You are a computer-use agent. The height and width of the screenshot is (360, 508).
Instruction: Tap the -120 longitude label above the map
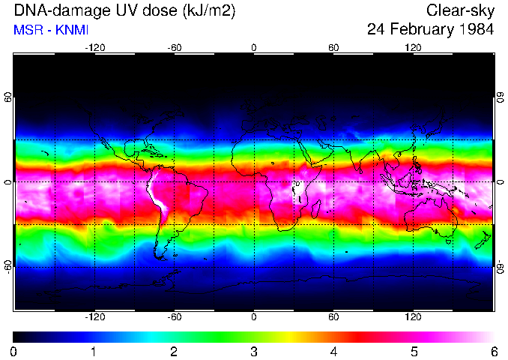point(94,47)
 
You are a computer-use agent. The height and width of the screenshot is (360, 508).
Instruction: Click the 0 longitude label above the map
point(253,47)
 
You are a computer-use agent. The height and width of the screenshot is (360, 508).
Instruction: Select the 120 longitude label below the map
point(413,318)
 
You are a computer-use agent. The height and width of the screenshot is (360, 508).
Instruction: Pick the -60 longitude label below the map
point(174,318)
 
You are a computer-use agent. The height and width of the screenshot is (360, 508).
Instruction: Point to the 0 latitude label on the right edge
point(500,182)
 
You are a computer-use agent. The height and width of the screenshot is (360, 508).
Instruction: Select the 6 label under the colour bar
point(493,351)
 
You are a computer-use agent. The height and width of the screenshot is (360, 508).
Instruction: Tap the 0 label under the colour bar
point(14,351)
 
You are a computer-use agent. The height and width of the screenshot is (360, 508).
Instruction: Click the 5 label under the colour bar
point(413,351)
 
